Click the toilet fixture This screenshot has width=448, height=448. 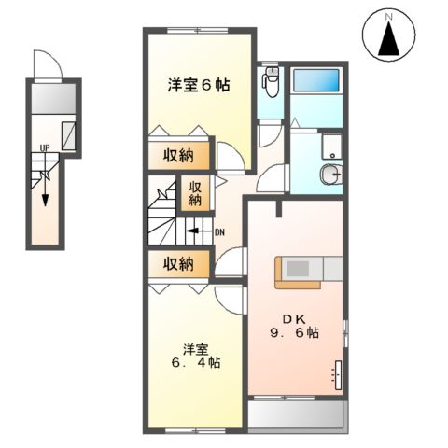271,85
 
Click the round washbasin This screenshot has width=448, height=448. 329,175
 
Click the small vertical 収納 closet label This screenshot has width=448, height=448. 196,192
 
